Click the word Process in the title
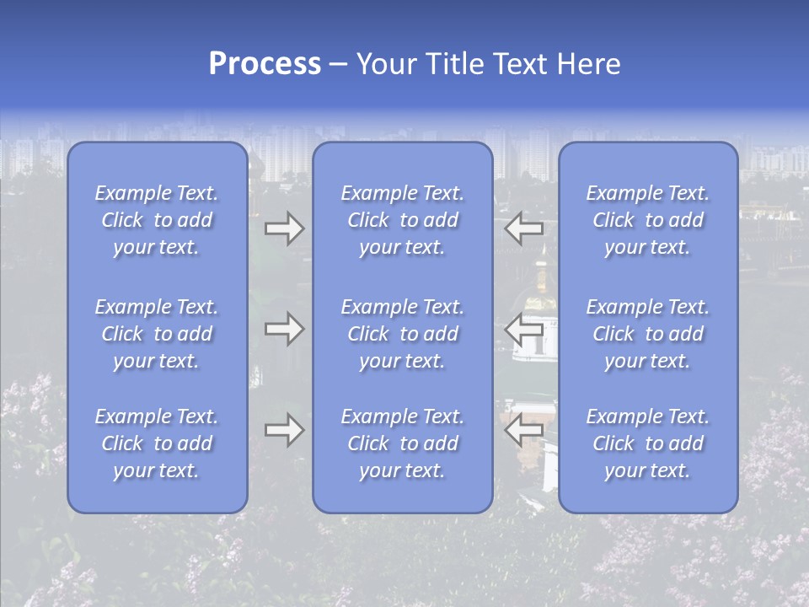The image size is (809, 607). [x=265, y=64]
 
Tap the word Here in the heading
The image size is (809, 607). [x=587, y=64]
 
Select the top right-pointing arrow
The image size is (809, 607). [x=284, y=228]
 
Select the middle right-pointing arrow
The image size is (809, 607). [x=284, y=328]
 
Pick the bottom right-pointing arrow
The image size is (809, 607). [x=284, y=430]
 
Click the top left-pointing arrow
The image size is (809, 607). [x=524, y=228]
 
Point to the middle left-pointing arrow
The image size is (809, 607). [x=524, y=328]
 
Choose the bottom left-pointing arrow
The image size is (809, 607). [x=524, y=430]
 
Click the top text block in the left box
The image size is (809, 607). [x=157, y=220]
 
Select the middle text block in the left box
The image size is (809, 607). [x=157, y=334]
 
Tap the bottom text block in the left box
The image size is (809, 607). [x=157, y=443]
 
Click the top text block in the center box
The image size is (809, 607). [x=402, y=220]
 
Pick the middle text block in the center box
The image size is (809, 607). [x=402, y=334]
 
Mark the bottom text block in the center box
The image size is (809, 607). [x=402, y=443]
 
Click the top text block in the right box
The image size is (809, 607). [x=647, y=220]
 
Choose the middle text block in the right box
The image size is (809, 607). [x=647, y=334]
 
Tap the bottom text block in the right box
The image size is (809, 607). [x=647, y=443]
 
